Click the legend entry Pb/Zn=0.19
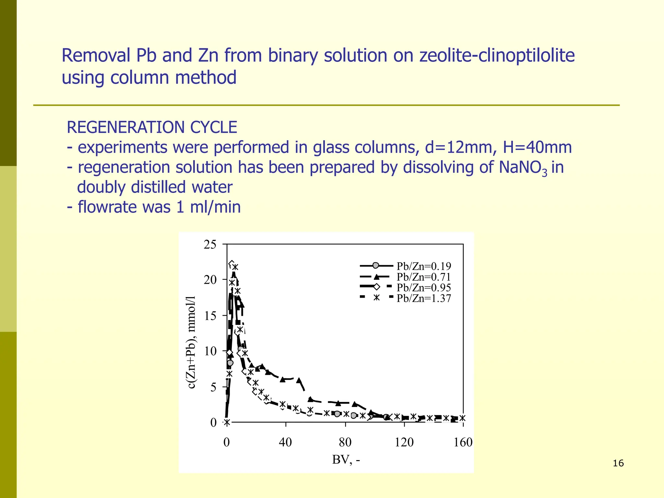tap(423, 266)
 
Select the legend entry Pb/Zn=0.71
tap(423, 277)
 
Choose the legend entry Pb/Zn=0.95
tap(423, 288)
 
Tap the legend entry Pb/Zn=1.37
tap(423, 298)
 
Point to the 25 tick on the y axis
tap(210, 244)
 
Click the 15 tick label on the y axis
tap(210, 316)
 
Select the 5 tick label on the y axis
tap(213, 387)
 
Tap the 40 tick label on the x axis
tap(285, 442)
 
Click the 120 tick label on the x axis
tap(404, 442)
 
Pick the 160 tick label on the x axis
tap(463, 442)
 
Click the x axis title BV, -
tap(346, 460)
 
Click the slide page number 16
tap(618, 463)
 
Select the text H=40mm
tap(537, 148)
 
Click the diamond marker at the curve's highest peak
tap(231, 264)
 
